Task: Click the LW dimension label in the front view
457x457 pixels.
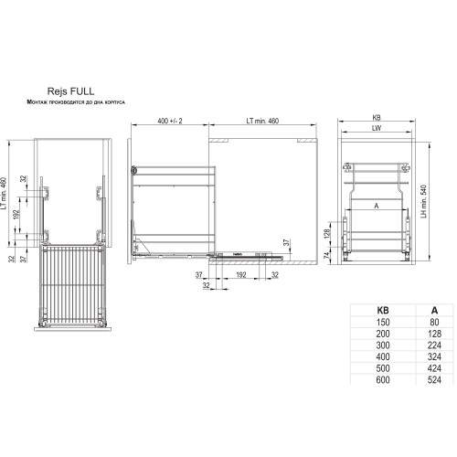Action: point(377,130)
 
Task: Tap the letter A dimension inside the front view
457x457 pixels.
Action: point(376,207)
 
